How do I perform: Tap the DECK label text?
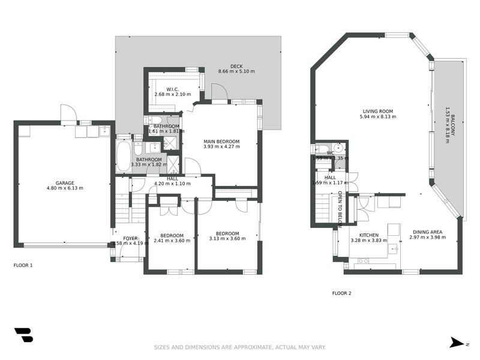pos(236,66)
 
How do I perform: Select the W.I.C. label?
pos(175,89)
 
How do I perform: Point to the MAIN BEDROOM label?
pos(221,142)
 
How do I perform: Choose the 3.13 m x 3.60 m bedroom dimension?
pos(227,239)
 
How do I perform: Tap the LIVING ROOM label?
pos(377,111)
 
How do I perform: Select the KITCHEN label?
pos(368,235)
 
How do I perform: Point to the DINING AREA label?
pos(427,232)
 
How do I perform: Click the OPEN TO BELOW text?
pos(340,209)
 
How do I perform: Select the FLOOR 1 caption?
pos(23,265)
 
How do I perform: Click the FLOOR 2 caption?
pos(341,293)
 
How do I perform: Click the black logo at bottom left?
pos(23,335)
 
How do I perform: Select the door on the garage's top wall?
pos(68,113)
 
